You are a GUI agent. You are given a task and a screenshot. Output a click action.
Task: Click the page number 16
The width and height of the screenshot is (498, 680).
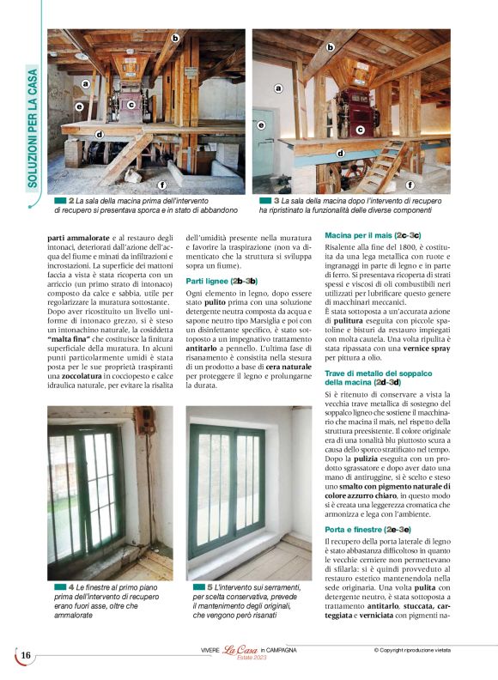pos(25,656)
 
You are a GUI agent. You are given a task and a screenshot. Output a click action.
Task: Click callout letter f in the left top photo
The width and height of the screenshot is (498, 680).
pos(162,185)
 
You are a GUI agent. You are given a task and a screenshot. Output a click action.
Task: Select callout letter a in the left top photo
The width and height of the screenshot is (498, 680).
pos(85,84)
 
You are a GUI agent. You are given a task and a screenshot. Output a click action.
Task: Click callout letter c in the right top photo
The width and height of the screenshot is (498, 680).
pos(360,130)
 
